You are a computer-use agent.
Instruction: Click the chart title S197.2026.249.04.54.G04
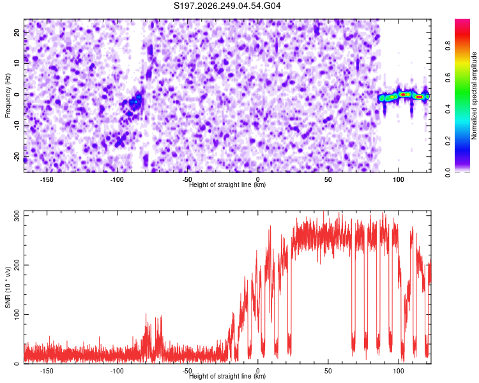point(227,6)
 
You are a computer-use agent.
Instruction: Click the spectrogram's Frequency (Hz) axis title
point(8,96)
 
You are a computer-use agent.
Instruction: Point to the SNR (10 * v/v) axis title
point(8,287)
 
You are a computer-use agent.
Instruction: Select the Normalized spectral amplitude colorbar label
point(474,96)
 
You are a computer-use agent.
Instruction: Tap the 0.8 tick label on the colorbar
point(448,46)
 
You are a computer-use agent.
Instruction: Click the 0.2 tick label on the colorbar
point(448,141)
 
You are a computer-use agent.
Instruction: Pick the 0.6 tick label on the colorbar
point(448,78)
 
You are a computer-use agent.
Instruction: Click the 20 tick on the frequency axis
point(17,32)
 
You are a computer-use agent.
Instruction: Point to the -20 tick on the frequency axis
point(17,156)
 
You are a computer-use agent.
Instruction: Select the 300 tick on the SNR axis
point(17,216)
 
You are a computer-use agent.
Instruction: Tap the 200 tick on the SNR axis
point(17,265)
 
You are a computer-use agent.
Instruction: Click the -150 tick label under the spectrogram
point(47,179)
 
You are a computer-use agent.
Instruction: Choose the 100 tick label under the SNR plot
point(399,371)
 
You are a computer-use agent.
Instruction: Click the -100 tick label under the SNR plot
point(117,371)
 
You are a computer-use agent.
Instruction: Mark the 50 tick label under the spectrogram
point(328,179)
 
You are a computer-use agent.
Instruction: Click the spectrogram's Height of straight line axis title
point(227,184)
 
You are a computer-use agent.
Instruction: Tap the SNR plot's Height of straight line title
point(227,376)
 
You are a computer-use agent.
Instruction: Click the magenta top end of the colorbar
point(462,21)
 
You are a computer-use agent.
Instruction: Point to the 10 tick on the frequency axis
point(17,63)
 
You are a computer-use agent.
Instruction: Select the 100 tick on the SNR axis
point(17,314)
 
